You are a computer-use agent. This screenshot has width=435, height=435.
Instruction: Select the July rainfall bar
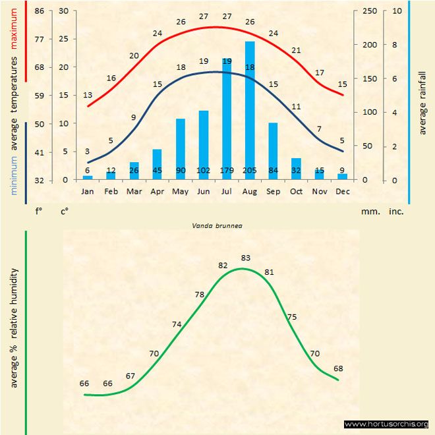(x=227, y=119)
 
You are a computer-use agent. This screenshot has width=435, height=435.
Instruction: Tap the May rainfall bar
(x=180, y=149)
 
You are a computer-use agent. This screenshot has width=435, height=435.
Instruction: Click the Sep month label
(x=273, y=191)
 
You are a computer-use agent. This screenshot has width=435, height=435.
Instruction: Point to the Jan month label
(x=88, y=191)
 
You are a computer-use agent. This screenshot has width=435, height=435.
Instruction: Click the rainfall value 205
(x=250, y=171)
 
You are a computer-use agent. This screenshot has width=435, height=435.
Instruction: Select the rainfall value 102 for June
(x=204, y=171)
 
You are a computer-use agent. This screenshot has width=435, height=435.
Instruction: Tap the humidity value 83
(x=246, y=258)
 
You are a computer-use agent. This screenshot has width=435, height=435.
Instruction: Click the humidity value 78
(x=200, y=295)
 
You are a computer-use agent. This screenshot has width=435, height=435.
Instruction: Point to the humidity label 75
(x=292, y=317)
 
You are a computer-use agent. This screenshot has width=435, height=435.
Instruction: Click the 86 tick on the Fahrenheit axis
(x=40, y=11)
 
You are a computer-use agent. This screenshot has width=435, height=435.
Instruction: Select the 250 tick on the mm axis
(x=370, y=11)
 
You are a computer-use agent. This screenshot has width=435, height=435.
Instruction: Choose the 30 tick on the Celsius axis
(x=63, y=11)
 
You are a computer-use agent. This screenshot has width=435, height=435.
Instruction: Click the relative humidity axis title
(x=13, y=328)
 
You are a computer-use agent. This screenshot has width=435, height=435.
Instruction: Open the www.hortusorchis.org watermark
(x=386, y=424)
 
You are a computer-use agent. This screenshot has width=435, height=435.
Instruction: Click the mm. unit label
(x=369, y=212)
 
